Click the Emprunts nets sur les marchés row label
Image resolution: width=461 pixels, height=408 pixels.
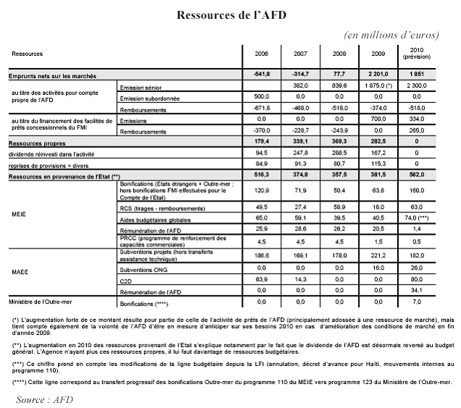point(53,75)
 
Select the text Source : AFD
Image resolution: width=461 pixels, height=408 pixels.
point(44,399)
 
